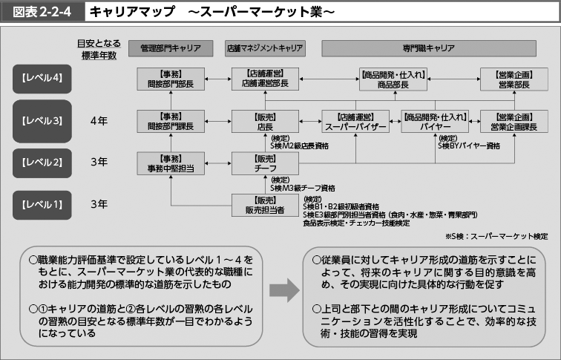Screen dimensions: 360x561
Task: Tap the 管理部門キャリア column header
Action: point(170,48)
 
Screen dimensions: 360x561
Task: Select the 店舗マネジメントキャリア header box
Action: point(265,48)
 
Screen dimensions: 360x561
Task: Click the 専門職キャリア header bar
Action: point(428,48)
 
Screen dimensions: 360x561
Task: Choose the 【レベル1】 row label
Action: point(42,203)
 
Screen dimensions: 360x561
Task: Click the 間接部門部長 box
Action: point(170,79)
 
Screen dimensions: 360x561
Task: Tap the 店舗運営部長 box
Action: point(265,79)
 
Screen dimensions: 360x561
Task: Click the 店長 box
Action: point(265,122)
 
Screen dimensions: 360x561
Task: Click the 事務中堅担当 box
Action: point(170,164)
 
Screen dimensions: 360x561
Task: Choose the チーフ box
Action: point(265,164)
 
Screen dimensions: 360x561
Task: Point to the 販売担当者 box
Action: point(265,205)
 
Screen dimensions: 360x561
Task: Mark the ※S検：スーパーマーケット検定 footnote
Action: point(496,236)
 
